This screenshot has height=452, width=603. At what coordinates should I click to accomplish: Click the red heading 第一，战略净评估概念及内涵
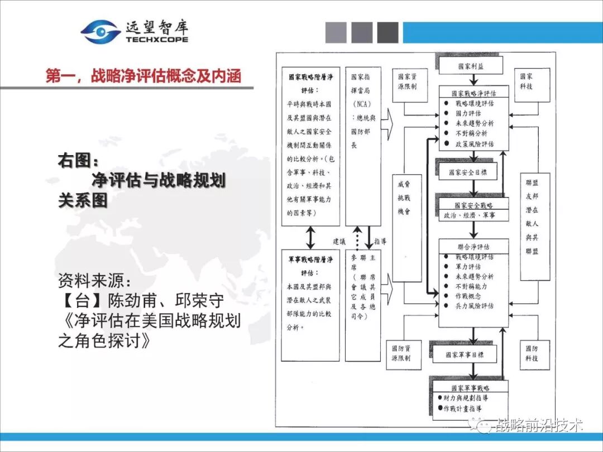[143, 76]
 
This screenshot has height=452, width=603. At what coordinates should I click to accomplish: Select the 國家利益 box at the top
[471, 65]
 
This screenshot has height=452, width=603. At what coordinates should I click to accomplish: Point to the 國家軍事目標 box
[465, 354]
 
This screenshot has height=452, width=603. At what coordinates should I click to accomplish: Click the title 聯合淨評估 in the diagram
[473, 246]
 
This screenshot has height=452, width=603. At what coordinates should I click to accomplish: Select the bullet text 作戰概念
[468, 296]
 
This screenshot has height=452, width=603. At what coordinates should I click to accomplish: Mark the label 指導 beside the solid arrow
[381, 242]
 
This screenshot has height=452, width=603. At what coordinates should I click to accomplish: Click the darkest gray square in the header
[387, 32]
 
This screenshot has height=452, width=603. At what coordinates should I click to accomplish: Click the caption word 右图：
[78, 161]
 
